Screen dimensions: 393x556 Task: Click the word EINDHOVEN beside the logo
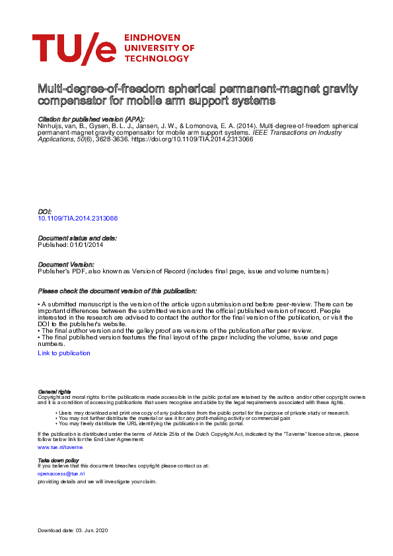pos(155,38)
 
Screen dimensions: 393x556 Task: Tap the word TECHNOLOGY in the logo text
pos(156,58)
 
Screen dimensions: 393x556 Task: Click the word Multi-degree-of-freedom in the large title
pos(89,89)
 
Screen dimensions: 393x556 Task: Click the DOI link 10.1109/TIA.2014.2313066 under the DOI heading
pos(78,218)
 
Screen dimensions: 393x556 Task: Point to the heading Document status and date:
pos(77,238)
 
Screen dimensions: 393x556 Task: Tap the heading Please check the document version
pos(118,291)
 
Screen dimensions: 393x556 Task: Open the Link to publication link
pos(64,353)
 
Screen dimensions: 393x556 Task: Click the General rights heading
pos(54,392)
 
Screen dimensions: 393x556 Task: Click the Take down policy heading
pos(58,460)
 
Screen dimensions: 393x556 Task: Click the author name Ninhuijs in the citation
pos(51,125)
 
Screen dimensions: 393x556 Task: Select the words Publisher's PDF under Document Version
pos(61,271)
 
